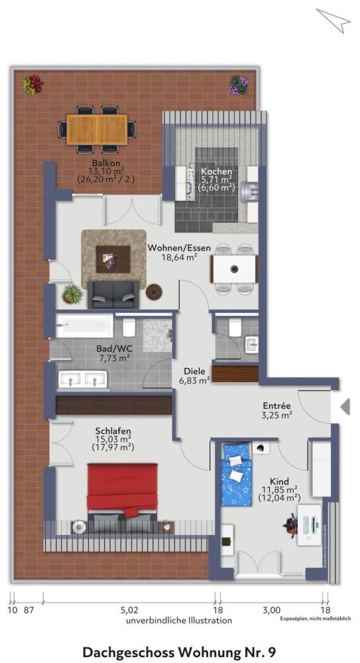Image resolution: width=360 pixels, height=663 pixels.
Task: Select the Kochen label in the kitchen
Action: (x=216, y=171)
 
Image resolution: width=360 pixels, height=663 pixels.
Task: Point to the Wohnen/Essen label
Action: (x=179, y=248)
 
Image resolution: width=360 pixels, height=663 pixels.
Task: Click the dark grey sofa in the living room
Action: (x=113, y=294)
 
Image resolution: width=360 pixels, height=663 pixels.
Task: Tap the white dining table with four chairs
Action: (x=234, y=269)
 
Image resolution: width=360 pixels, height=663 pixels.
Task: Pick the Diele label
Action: (x=196, y=371)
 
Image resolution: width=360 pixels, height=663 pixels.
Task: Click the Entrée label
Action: (x=276, y=406)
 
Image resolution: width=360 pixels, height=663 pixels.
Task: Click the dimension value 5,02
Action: (x=129, y=609)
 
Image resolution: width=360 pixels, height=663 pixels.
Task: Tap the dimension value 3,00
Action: (x=271, y=609)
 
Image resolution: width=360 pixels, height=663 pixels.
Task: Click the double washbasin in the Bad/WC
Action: (x=84, y=379)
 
